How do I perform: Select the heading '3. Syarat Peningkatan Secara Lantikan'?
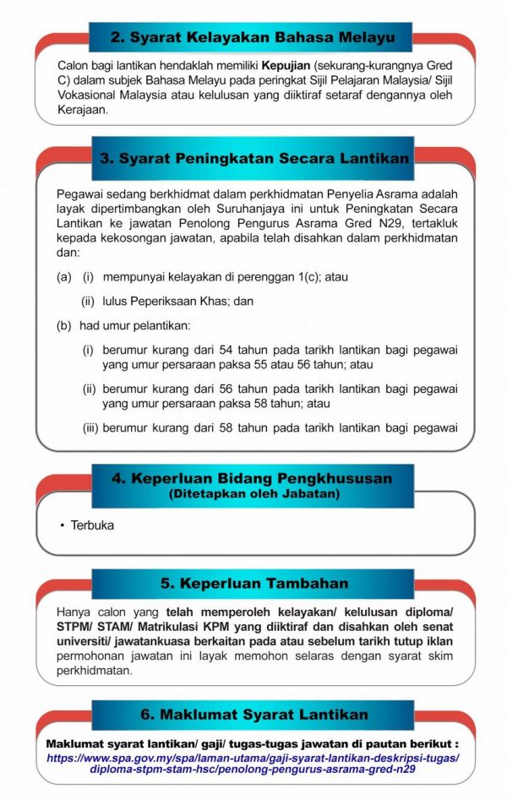253,158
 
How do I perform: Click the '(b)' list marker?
64,325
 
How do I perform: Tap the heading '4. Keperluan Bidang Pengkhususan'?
253,478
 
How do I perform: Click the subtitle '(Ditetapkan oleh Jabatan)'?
253,493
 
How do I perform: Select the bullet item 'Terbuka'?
91,525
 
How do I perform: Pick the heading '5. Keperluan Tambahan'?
253,584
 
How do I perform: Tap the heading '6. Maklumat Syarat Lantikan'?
253,714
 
